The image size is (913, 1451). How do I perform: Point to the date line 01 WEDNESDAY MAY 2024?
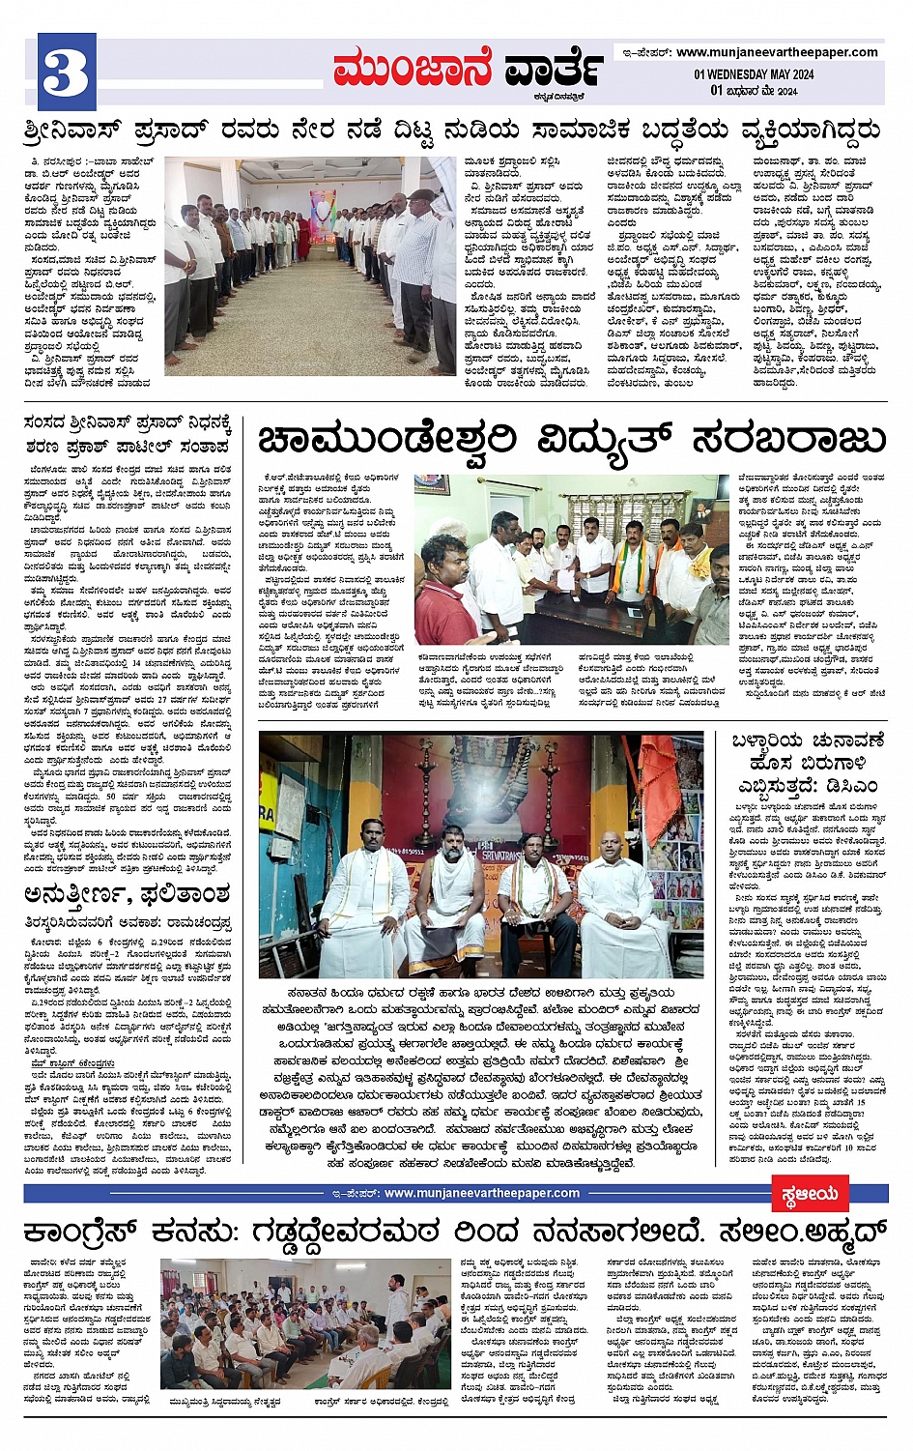(x=754, y=74)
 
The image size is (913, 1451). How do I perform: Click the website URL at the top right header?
(x=777, y=52)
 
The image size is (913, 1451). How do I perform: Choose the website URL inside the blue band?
(x=481, y=1193)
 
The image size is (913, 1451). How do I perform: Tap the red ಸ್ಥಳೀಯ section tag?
(x=810, y=1194)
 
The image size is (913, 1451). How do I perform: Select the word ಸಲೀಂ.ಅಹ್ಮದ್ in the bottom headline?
(x=790, y=1233)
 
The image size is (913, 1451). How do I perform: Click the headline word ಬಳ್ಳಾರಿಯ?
(x=766, y=742)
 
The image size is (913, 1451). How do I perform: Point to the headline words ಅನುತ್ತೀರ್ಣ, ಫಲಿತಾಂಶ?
(x=128, y=893)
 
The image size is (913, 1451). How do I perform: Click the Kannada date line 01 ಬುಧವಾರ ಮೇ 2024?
(x=754, y=90)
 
